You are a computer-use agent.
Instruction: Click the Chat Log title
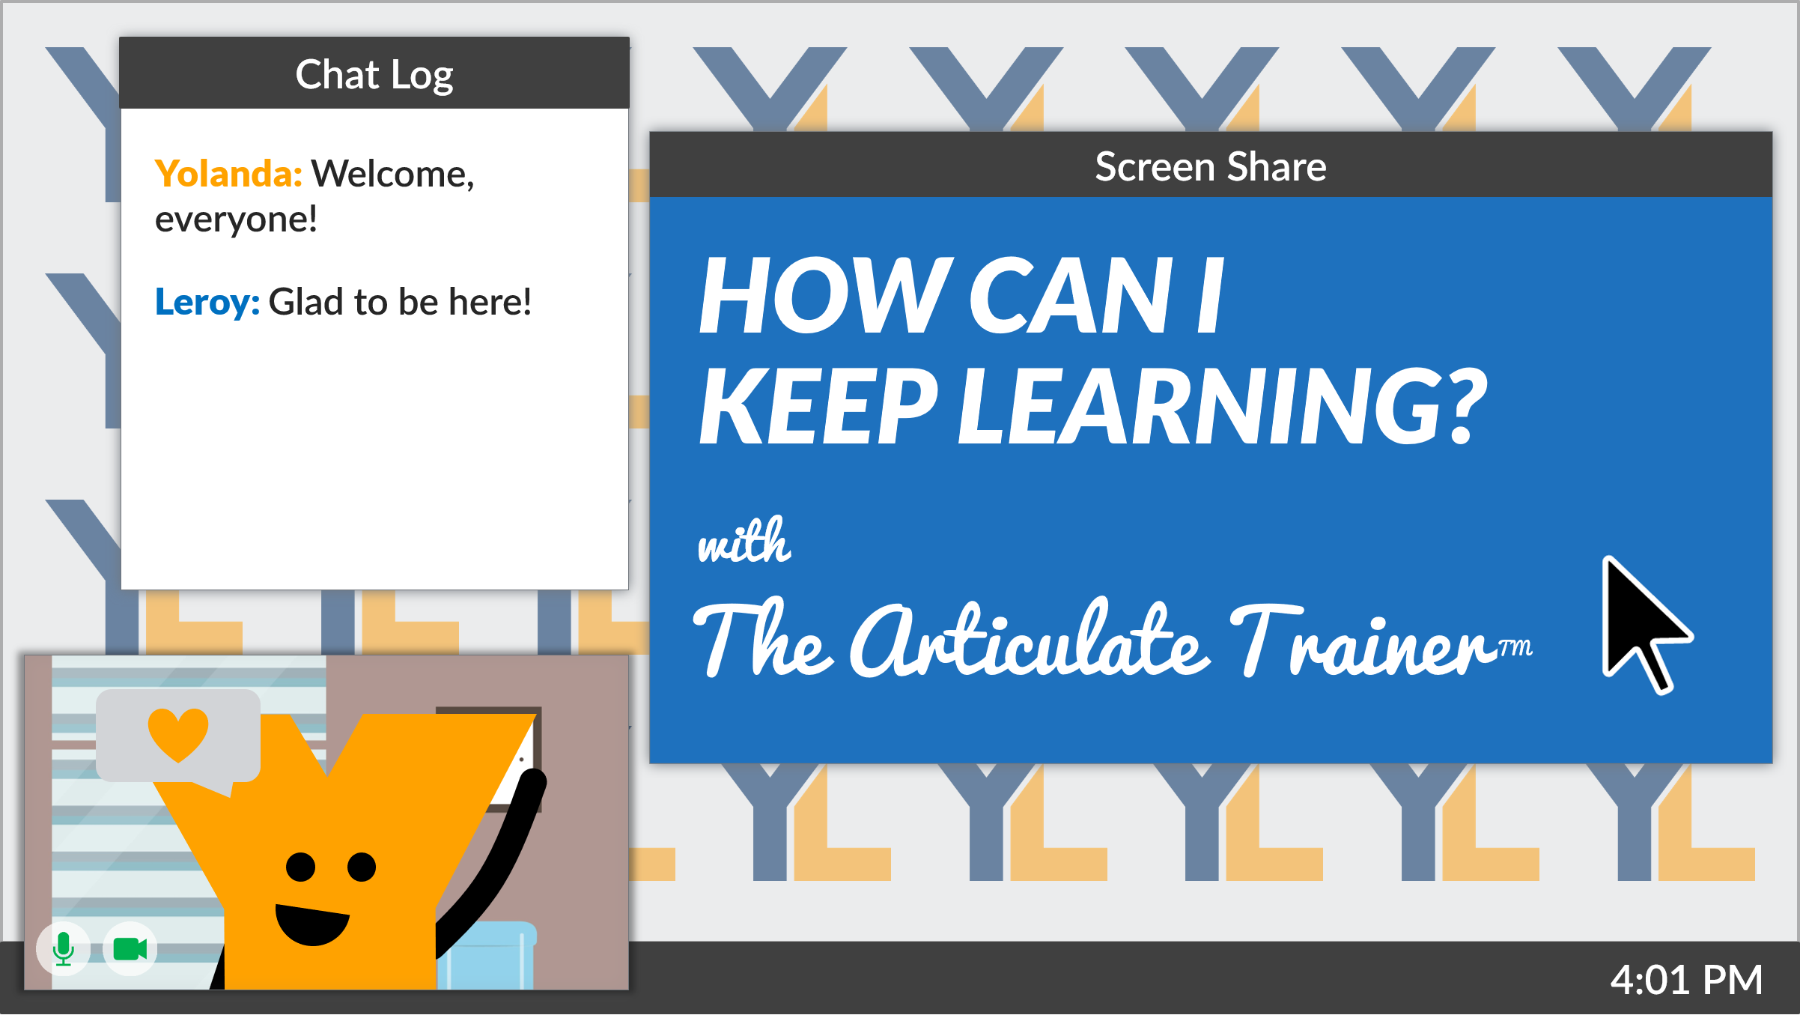374,75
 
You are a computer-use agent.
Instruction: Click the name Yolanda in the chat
228,174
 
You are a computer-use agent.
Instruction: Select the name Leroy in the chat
207,302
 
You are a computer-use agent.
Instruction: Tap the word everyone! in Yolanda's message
236,219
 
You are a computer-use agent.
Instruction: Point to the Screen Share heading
1211,166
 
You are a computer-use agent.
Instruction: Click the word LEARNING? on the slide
1222,408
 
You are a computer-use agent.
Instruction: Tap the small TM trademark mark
1515,646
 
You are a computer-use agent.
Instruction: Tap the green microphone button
64,949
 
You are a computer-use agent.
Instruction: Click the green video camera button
130,949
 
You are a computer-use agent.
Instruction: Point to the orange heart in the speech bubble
178,734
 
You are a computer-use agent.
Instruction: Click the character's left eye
301,867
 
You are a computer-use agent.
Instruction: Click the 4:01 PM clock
1686,980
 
